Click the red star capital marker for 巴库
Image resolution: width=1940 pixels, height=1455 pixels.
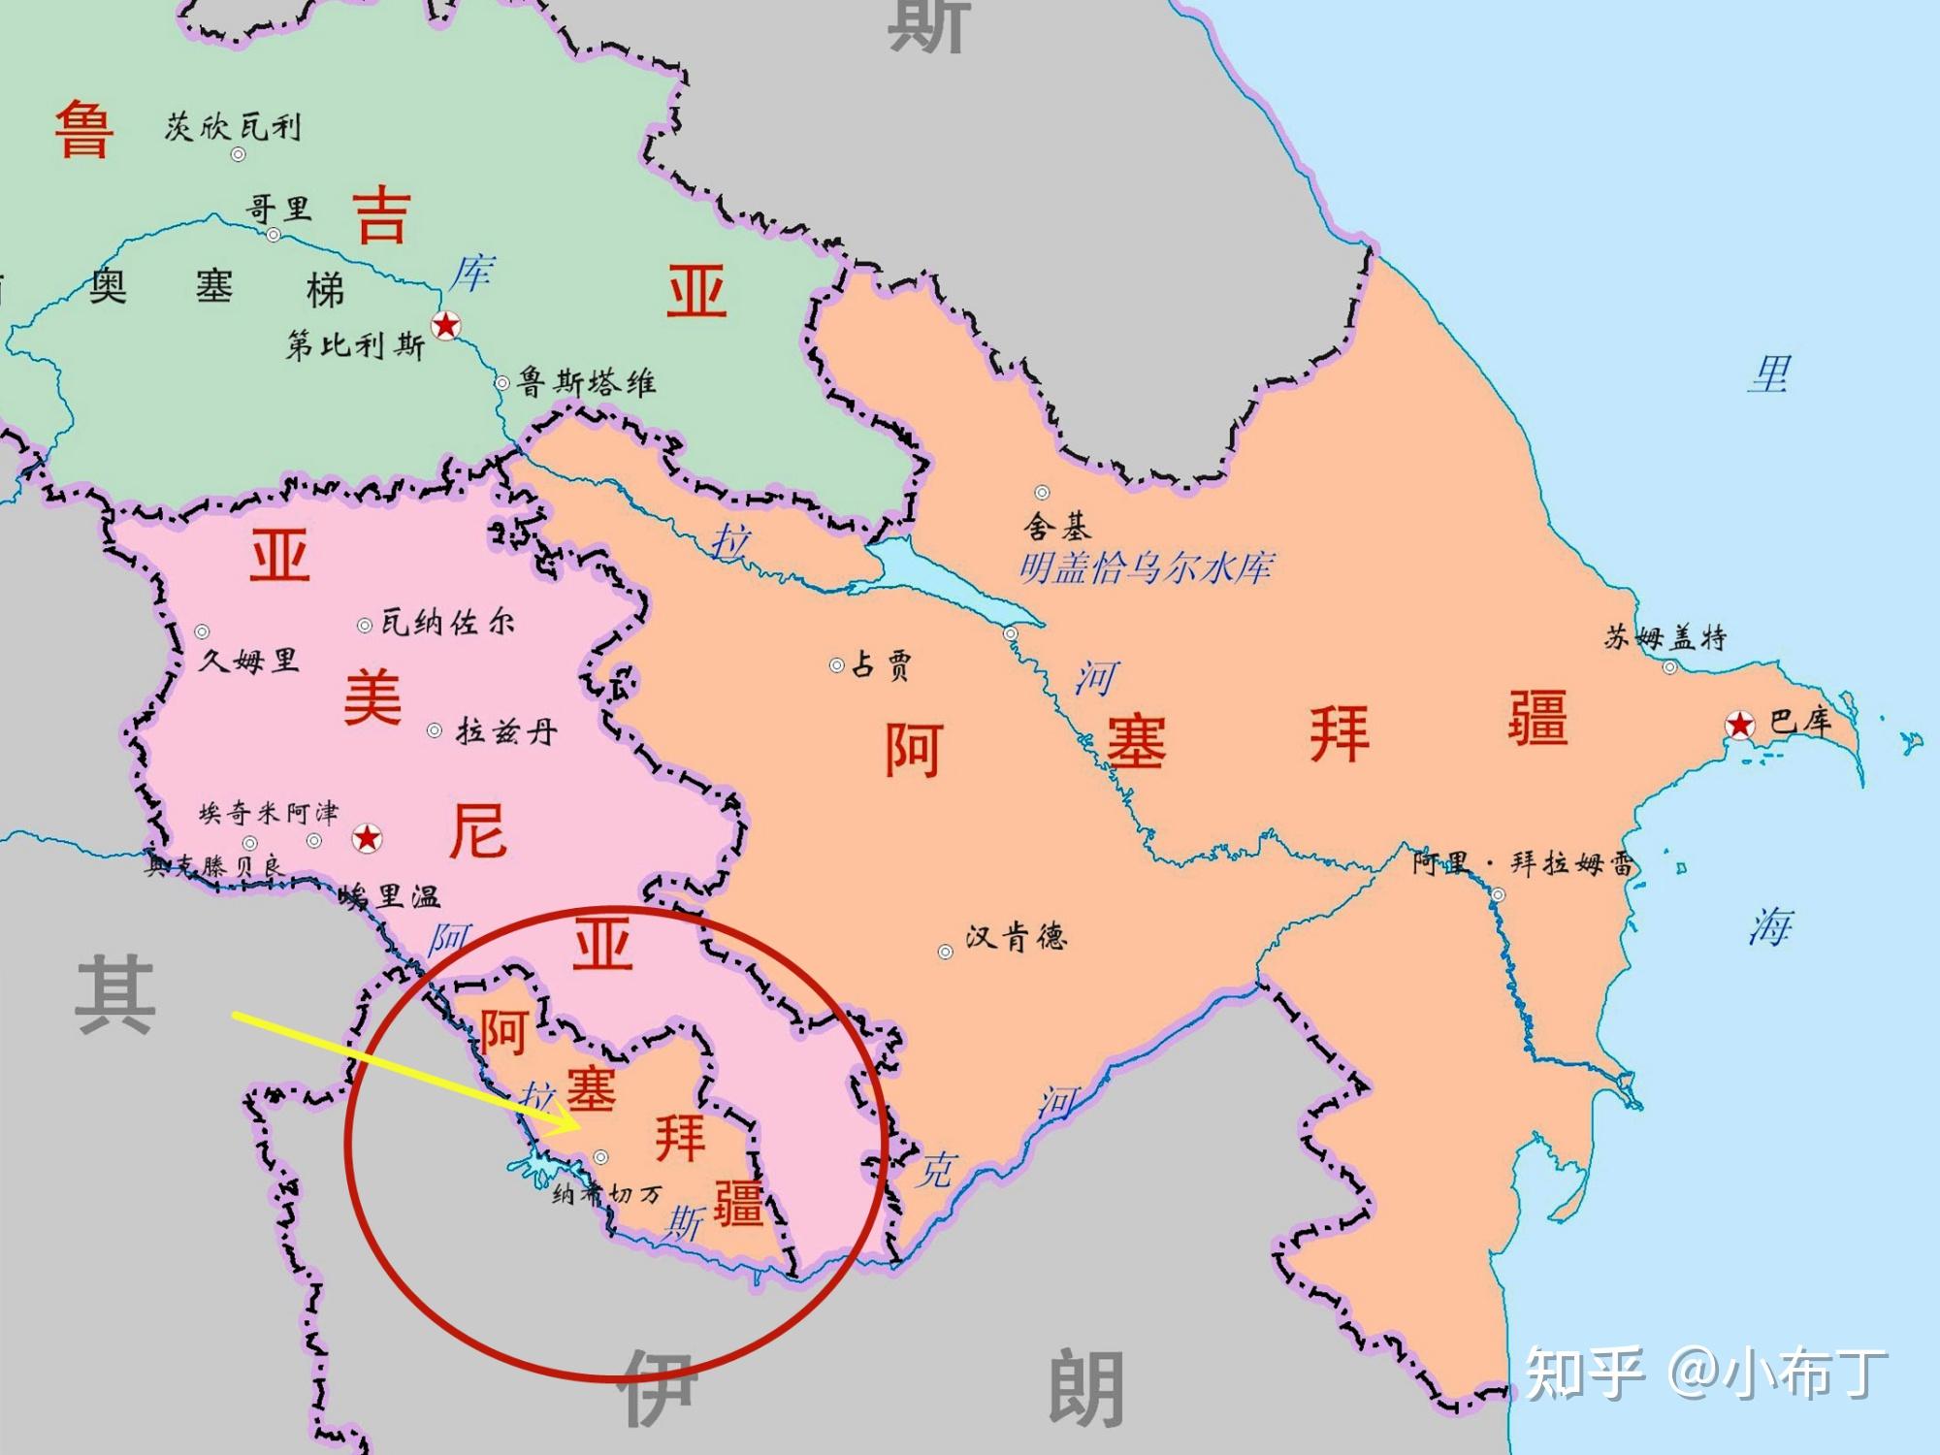[x=1740, y=724]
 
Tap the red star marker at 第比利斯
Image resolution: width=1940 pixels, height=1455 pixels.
[x=445, y=326]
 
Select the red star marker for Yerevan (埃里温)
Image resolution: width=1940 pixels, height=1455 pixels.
[x=367, y=838]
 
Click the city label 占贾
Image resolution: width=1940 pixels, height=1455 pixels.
[x=881, y=665]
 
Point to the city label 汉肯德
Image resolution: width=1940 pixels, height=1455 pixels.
[x=1016, y=937]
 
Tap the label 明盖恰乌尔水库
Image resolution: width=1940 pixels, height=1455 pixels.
[x=1146, y=567]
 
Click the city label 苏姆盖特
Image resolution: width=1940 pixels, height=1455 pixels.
[x=1665, y=637]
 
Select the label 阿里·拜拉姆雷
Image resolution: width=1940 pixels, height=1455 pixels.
[x=1522, y=862]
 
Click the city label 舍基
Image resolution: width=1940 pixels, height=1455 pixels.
[x=1058, y=526]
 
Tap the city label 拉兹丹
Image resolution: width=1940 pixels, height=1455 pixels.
[x=506, y=730]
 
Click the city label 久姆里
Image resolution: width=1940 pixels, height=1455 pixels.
[x=248, y=661]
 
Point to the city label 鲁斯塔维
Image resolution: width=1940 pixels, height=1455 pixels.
[x=586, y=382]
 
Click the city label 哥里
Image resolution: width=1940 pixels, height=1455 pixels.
[x=278, y=209]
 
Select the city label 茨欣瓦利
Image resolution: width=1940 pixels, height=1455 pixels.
[x=233, y=126]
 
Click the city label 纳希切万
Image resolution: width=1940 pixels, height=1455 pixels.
[x=606, y=1194]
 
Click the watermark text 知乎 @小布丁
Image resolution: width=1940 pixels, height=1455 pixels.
[x=1706, y=1373]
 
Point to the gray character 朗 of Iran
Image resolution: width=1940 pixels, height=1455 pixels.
[x=1086, y=1388]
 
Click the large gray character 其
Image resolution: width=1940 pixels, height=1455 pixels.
[x=115, y=994]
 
